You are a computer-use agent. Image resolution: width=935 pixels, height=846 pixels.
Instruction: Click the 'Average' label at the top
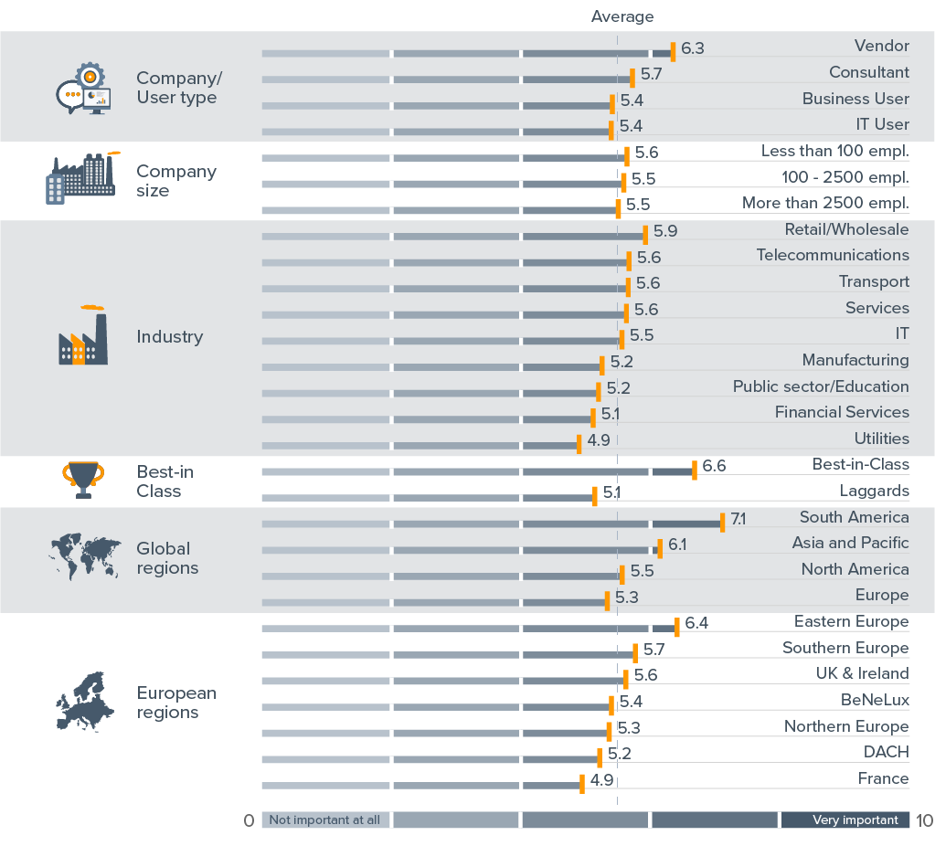point(622,16)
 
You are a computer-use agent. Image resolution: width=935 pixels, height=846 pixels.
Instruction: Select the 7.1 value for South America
point(738,519)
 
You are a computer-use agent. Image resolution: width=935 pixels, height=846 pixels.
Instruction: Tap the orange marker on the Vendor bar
point(673,51)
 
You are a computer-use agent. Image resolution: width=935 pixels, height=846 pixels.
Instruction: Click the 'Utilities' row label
point(881,439)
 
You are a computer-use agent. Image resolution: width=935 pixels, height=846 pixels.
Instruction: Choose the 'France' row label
point(883,778)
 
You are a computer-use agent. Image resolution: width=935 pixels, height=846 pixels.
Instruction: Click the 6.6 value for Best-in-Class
point(714,467)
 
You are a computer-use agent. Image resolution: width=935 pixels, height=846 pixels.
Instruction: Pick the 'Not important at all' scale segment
point(325,820)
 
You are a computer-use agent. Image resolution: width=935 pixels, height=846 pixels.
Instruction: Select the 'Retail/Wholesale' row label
point(846,229)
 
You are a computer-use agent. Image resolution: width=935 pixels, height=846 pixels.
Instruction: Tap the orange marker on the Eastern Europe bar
point(677,627)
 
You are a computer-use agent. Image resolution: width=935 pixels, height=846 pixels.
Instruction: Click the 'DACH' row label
point(886,752)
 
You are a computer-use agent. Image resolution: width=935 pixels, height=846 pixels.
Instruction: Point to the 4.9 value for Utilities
point(599,440)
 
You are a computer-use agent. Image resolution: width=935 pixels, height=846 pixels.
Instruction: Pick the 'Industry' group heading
point(170,337)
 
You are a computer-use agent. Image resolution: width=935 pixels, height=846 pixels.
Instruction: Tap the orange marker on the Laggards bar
point(595,497)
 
